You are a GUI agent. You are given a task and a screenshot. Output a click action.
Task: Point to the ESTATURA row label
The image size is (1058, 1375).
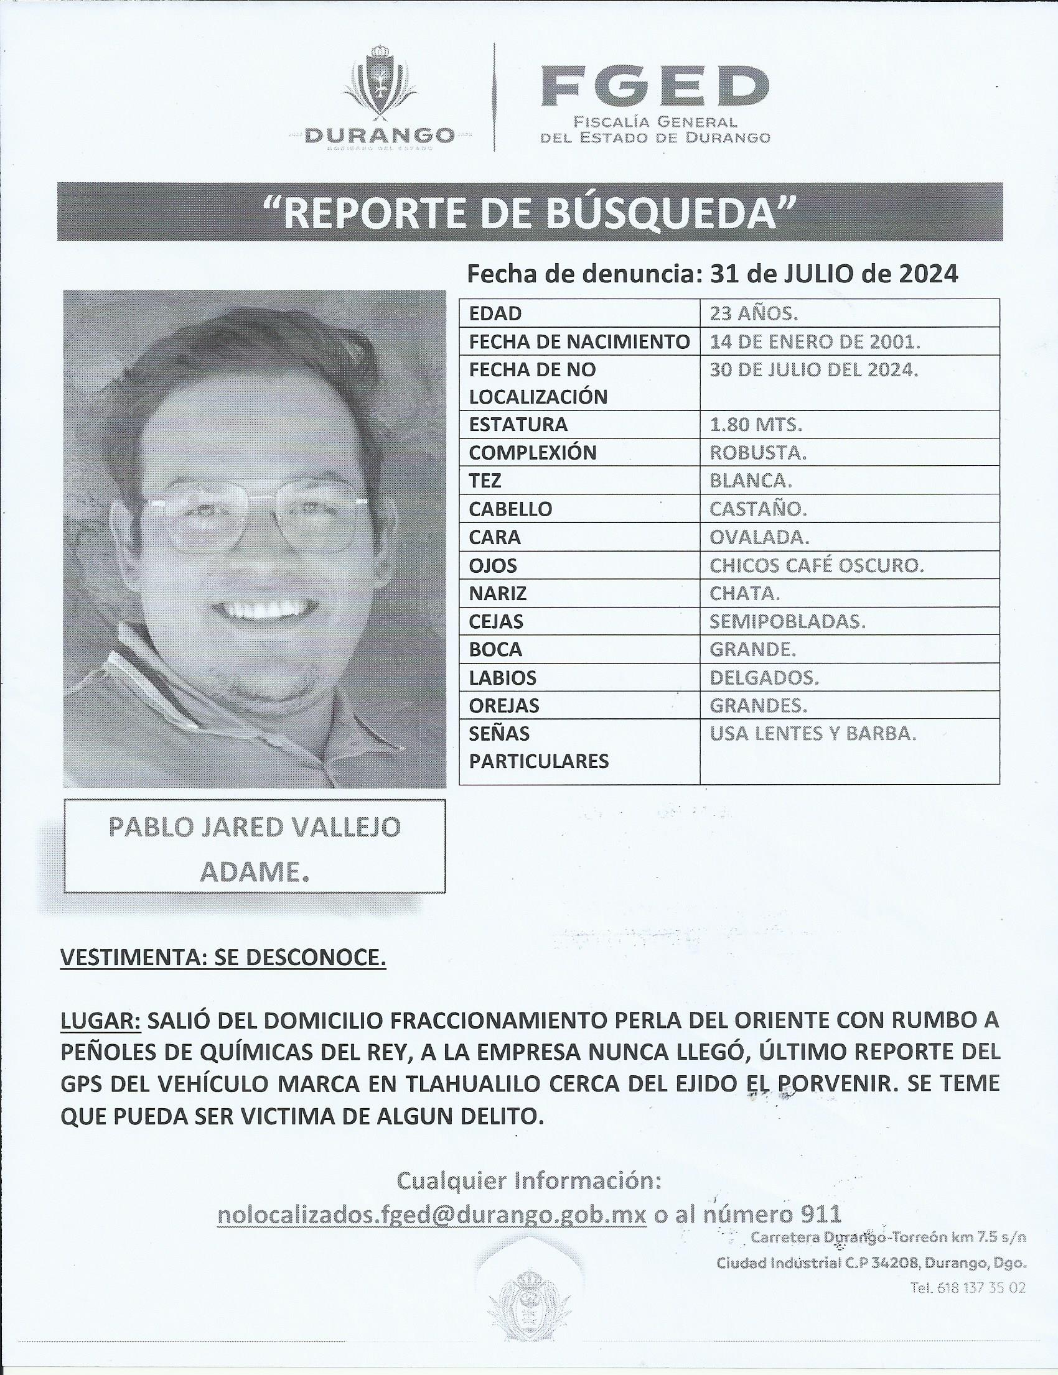tap(518, 425)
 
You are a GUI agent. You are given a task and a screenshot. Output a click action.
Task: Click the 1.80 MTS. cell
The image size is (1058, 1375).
tap(755, 425)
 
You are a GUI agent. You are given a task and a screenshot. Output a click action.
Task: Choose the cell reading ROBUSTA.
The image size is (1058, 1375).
tap(758, 453)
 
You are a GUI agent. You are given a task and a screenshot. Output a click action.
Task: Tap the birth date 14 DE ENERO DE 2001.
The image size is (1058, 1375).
tap(815, 341)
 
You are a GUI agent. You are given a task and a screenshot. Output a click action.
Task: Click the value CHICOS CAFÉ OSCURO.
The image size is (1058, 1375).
tap(816, 566)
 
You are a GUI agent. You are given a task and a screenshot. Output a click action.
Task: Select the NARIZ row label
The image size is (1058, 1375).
tap(497, 593)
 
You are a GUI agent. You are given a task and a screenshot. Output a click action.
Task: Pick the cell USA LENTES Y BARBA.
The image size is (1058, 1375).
tap(812, 734)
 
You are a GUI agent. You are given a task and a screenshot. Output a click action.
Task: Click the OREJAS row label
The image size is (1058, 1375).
tap(504, 706)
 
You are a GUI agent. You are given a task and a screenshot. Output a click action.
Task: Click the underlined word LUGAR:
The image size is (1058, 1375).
tap(101, 1021)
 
